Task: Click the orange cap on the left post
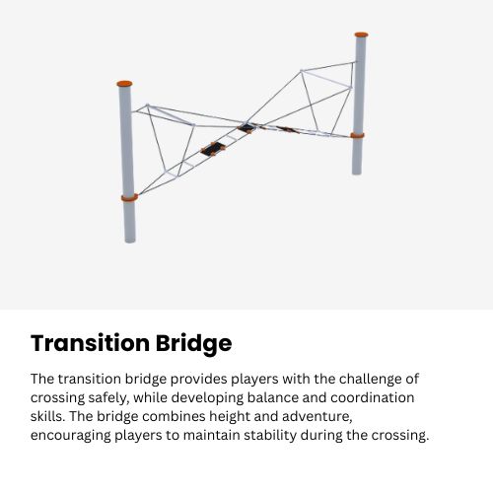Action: tap(124, 84)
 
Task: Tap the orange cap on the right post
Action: tap(361, 35)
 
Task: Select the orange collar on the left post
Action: tap(129, 197)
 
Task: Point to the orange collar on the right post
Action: tap(357, 135)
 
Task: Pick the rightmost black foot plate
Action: tap(287, 129)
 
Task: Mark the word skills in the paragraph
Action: tap(47, 416)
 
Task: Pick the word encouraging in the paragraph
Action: tap(72, 435)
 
